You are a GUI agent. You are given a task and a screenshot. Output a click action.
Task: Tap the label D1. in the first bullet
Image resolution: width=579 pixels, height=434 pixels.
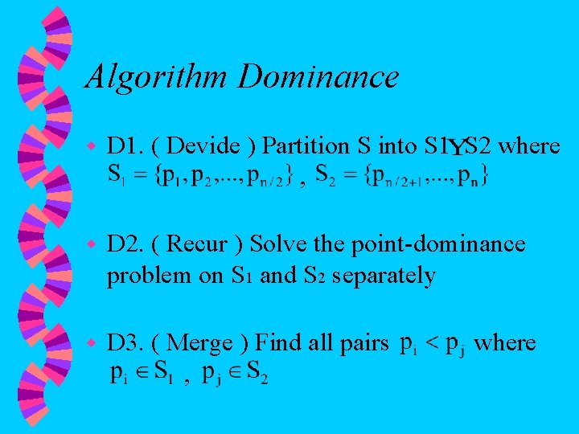click(x=125, y=146)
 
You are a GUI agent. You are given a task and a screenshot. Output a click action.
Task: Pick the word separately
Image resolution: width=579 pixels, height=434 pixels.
click(x=384, y=276)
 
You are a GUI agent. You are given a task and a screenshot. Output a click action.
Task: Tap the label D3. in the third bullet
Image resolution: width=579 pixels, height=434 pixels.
click(x=125, y=343)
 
